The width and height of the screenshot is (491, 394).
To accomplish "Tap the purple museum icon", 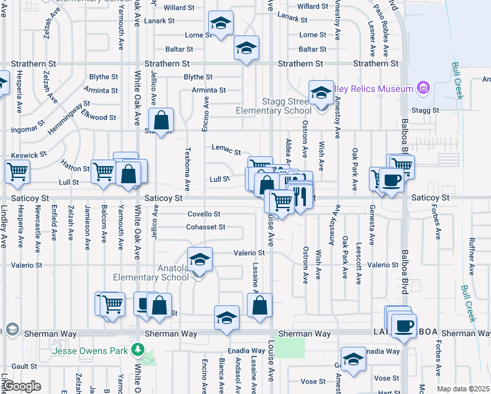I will pyautogui.click(x=423, y=88).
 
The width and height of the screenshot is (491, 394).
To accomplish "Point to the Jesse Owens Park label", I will pyautogui.click(x=90, y=351).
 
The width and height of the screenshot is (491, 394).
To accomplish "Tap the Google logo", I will pyautogui.click(x=22, y=386).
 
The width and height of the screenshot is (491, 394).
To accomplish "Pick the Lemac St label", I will pyautogui.click(x=226, y=150).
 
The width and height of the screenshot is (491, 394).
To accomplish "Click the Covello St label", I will pyautogui.click(x=203, y=214).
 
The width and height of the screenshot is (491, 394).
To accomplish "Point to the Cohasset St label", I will pyautogui.click(x=205, y=227).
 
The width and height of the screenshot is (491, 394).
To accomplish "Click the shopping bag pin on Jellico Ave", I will pyautogui.click(x=161, y=121).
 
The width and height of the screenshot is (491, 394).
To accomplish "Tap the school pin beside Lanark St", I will pyautogui.click(x=221, y=23).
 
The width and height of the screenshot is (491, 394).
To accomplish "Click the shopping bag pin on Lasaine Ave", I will pyautogui.click(x=259, y=305).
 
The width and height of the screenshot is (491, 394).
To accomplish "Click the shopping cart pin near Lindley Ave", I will pyautogui.click(x=17, y=172).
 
